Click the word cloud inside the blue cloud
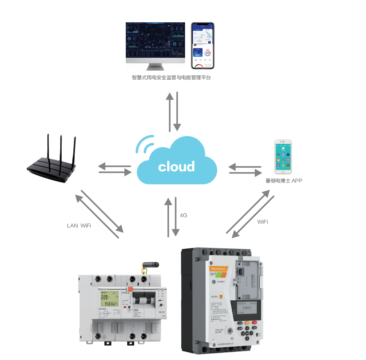click(x=176, y=167)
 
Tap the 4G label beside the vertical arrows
click(x=184, y=216)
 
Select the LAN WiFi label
click(x=79, y=226)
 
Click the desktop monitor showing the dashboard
click(x=155, y=43)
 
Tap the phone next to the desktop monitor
click(x=203, y=46)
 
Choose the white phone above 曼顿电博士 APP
click(x=283, y=157)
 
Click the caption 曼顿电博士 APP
click(x=284, y=181)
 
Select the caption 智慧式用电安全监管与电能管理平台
click(x=171, y=77)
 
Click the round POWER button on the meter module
click(x=106, y=314)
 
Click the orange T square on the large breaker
click(x=221, y=296)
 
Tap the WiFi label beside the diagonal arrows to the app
click(x=263, y=222)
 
